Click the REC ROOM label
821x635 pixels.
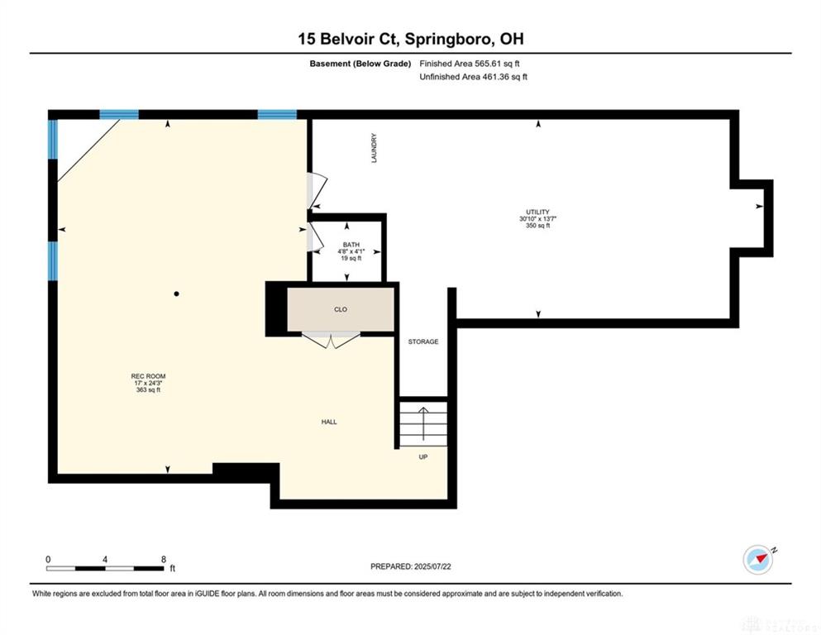coord(148,376)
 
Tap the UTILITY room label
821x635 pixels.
coord(537,212)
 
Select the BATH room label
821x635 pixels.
coord(351,245)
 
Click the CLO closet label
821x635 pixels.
coord(341,309)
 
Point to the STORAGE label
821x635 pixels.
coord(423,341)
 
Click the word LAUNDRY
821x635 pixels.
coord(374,148)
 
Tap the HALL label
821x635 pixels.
coord(329,422)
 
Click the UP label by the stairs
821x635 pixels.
coord(423,457)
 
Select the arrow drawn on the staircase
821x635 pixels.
coord(423,423)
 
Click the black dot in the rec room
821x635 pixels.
coord(176,294)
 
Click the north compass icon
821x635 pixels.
coord(758,560)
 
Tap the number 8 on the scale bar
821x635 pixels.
coord(164,559)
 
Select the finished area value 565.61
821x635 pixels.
coord(488,64)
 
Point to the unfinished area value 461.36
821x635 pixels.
coord(496,76)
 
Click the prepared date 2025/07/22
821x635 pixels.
coord(432,566)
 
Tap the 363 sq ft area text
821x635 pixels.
coord(148,389)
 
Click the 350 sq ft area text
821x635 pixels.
coord(537,226)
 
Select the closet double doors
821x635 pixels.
coord(331,340)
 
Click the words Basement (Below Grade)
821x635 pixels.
coord(360,64)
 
